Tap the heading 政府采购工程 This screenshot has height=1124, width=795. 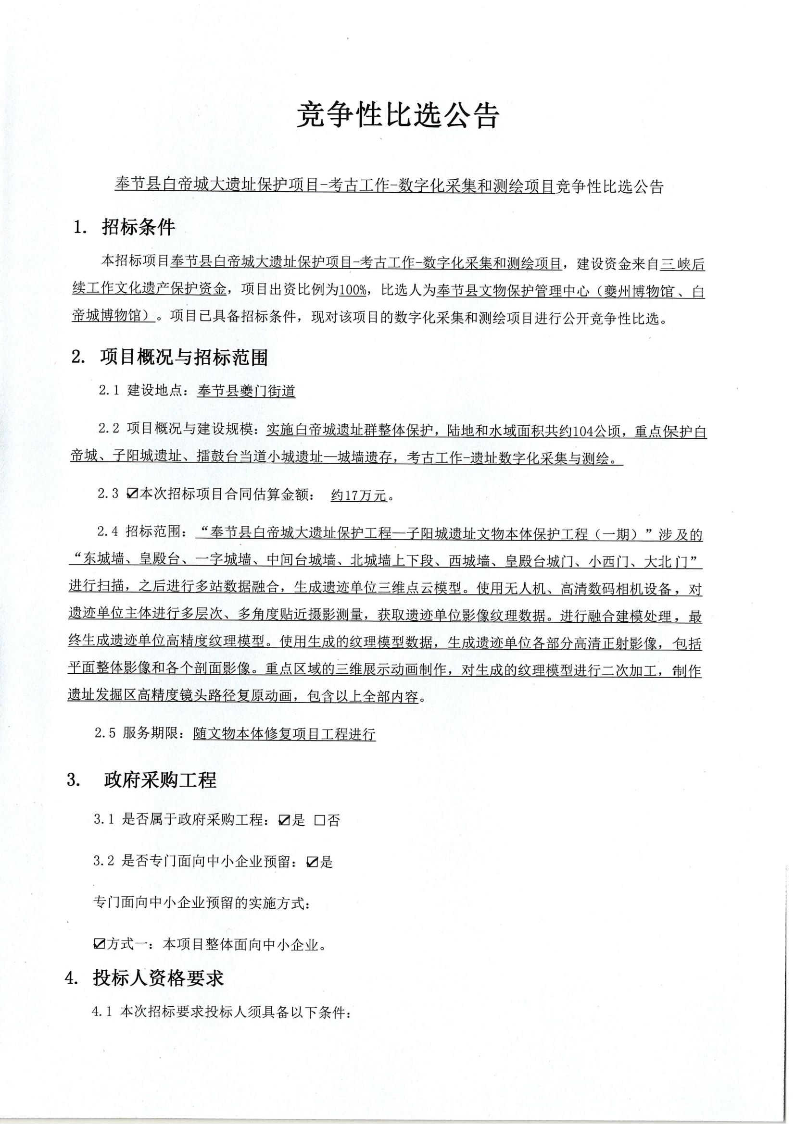click(x=160, y=780)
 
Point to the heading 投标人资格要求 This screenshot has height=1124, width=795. click(x=158, y=978)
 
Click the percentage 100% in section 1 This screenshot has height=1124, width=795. click(x=352, y=290)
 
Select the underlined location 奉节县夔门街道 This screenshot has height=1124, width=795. click(x=246, y=391)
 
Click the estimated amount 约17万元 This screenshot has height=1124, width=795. click(x=359, y=495)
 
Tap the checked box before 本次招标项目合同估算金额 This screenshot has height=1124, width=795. click(x=132, y=494)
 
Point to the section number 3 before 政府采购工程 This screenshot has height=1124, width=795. click(x=74, y=780)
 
